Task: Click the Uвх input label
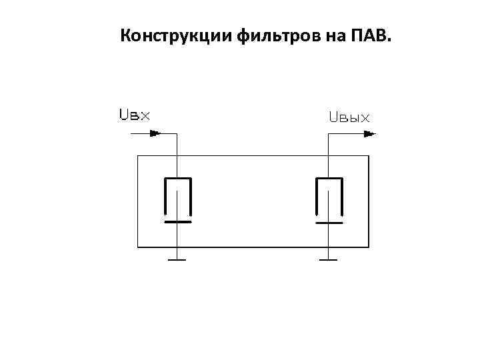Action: click(x=134, y=115)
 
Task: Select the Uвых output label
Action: click(x=349, y=118)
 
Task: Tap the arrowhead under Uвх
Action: click(x=155, y=133)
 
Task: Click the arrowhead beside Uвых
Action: click(x=369, y=133)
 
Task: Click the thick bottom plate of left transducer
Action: click(x=177, y=221)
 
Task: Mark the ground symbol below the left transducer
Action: click(x=177, y=259)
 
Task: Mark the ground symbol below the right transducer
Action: click(x=328, y=259)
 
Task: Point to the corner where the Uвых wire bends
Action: click(x=328, y=133)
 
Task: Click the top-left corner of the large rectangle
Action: click(x=137, y=156)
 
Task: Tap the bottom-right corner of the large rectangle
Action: click(x=369, y=247)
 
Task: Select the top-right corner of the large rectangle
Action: click(x=369, y=156)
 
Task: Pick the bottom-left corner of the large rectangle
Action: click(x=137, y=247)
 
